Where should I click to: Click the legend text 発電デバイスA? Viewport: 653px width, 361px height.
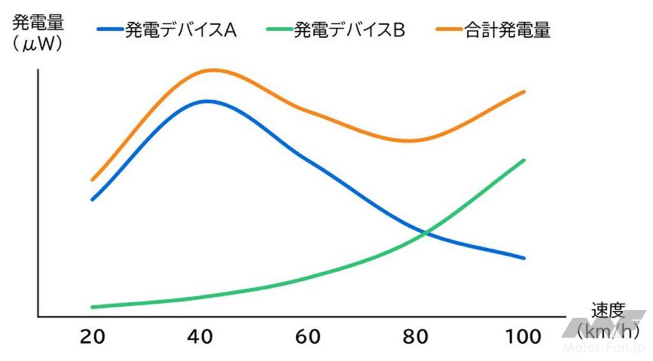(x=181, y=31)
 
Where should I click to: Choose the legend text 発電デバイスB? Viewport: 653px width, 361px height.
(x=349, y=31)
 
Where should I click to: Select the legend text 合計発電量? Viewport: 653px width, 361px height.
(x=508, y=31)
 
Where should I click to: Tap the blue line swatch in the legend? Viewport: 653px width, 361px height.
(x=110, y=30)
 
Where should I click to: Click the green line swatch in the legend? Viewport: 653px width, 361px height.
(x=277, y=30)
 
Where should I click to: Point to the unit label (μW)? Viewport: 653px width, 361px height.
(x=38, y=45)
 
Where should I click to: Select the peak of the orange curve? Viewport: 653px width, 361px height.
(x=213, y=70)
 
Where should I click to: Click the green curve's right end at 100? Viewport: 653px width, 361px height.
(x=524, y=160)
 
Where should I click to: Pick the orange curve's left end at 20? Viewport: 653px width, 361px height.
(x=92, y=180)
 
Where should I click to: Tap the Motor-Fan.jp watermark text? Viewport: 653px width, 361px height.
(x=605, y=348)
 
